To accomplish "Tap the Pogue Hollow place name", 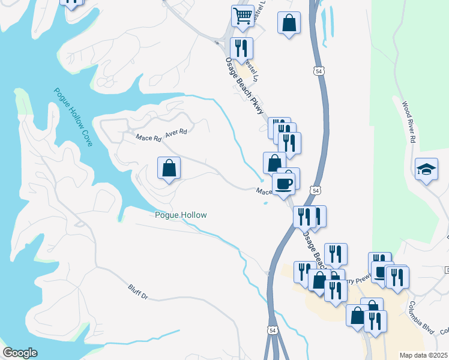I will [181, 215].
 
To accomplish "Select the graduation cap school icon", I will [426, 169].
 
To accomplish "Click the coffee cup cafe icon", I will [283, 182].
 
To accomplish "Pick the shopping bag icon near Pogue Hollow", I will [169, 167].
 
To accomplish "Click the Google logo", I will [20, 353].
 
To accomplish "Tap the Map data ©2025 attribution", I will [424, 355].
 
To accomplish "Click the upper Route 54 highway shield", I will [318, 71].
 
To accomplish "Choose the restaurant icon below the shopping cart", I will [242, 47].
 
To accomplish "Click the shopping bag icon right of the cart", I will [289, 22].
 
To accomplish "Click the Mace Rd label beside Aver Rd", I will [148, 138].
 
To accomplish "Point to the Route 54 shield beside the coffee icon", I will [315, 190].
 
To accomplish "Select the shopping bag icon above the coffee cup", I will [274, 161].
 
